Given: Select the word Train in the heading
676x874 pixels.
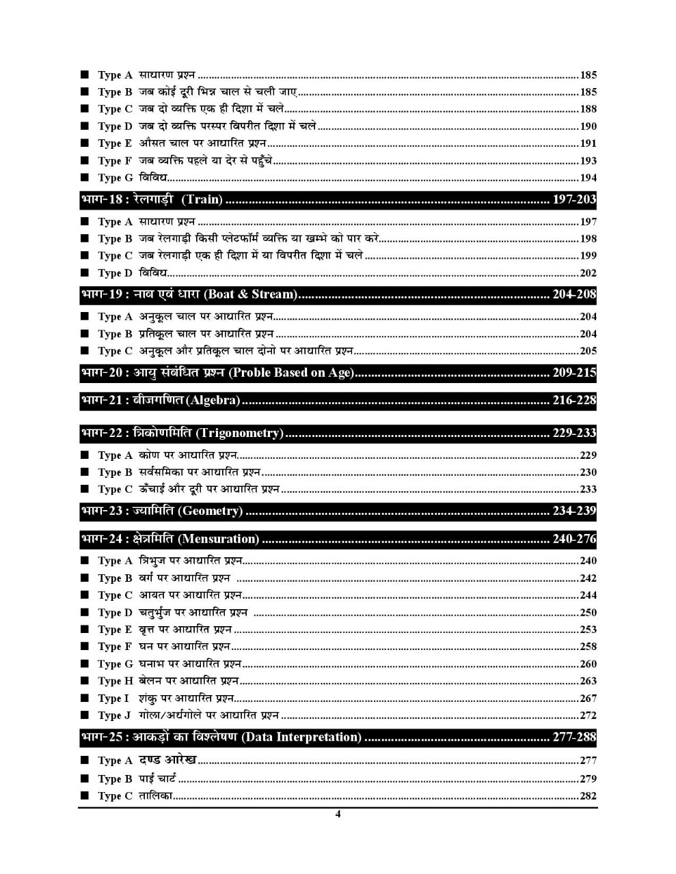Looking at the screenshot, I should tap(202, 199).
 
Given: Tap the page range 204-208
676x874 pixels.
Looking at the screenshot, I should tap(574, 294).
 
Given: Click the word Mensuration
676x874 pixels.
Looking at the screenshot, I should tap(219, 539).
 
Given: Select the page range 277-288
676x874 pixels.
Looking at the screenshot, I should tap(574, 737).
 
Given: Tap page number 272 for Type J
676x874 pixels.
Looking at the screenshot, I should tap(588, 715).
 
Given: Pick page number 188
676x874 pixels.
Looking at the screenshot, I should tap(588, 109).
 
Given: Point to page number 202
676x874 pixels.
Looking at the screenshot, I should tap(588, 272).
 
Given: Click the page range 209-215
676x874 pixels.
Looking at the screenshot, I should tap(574, 373).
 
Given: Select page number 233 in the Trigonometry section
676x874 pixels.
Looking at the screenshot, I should tap(588, 489).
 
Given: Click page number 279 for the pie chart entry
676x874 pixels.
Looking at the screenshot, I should tap(588, 778).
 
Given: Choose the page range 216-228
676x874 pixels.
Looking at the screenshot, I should tap(574, 400).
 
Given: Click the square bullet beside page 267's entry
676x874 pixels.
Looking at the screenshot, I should tap(85, 698).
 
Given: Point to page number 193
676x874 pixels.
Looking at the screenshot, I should tap(588, 160).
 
